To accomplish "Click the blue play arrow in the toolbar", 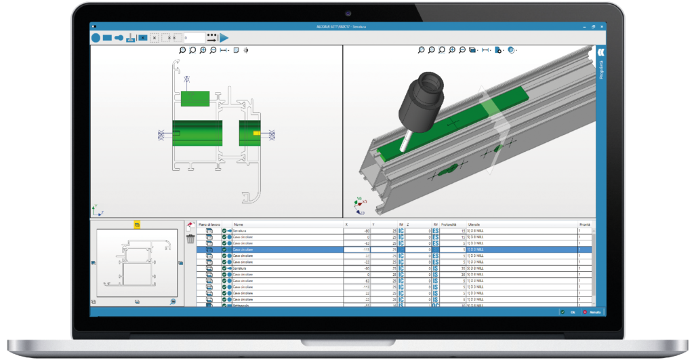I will pyautogui.click(x=224, y=38).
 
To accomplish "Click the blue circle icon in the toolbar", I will pyautogui.click(x=96, y=38).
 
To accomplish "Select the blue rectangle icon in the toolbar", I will pyautogui.click(x=107, y=38).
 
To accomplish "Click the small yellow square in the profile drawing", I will pyautogui.click(x=256, y=134).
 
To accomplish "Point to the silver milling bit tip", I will pyautogui.click(x=403, y=144).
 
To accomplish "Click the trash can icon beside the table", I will pyautogui.click(x=190, y=239).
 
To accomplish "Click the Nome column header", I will pyautogui.click(x=238, y=224).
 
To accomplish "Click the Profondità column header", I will pyautogui.click(x=449, y=224).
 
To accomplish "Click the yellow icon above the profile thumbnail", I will pyautogui.click(x=136, y=224).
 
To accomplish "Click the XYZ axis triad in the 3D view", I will pyautogui.click(x=359, y=202).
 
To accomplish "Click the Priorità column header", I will pyautogui.click(x=584, y=224).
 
